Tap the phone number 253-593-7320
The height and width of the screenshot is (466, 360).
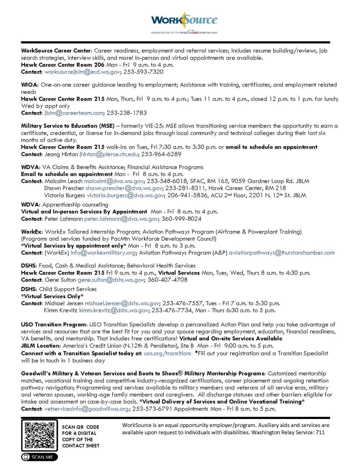coord(143,72)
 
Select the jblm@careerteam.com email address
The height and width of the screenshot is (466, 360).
coord(74,113)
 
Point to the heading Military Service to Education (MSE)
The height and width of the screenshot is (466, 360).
coord(68,126)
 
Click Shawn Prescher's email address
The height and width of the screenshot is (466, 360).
coord(124,188)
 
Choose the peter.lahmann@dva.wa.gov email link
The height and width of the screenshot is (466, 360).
coord(121,219)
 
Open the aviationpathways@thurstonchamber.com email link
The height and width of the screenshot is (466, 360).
coord(282,253)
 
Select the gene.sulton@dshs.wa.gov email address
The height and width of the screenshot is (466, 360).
coord(111,280)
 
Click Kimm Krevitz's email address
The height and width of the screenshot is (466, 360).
coord(114,310)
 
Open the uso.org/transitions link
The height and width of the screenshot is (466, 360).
coord(167,353)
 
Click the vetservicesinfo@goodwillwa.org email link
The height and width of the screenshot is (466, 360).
coord(87,409)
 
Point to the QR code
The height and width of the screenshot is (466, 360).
coord(39,435)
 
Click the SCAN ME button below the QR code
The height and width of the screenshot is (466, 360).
coord(39,457)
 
